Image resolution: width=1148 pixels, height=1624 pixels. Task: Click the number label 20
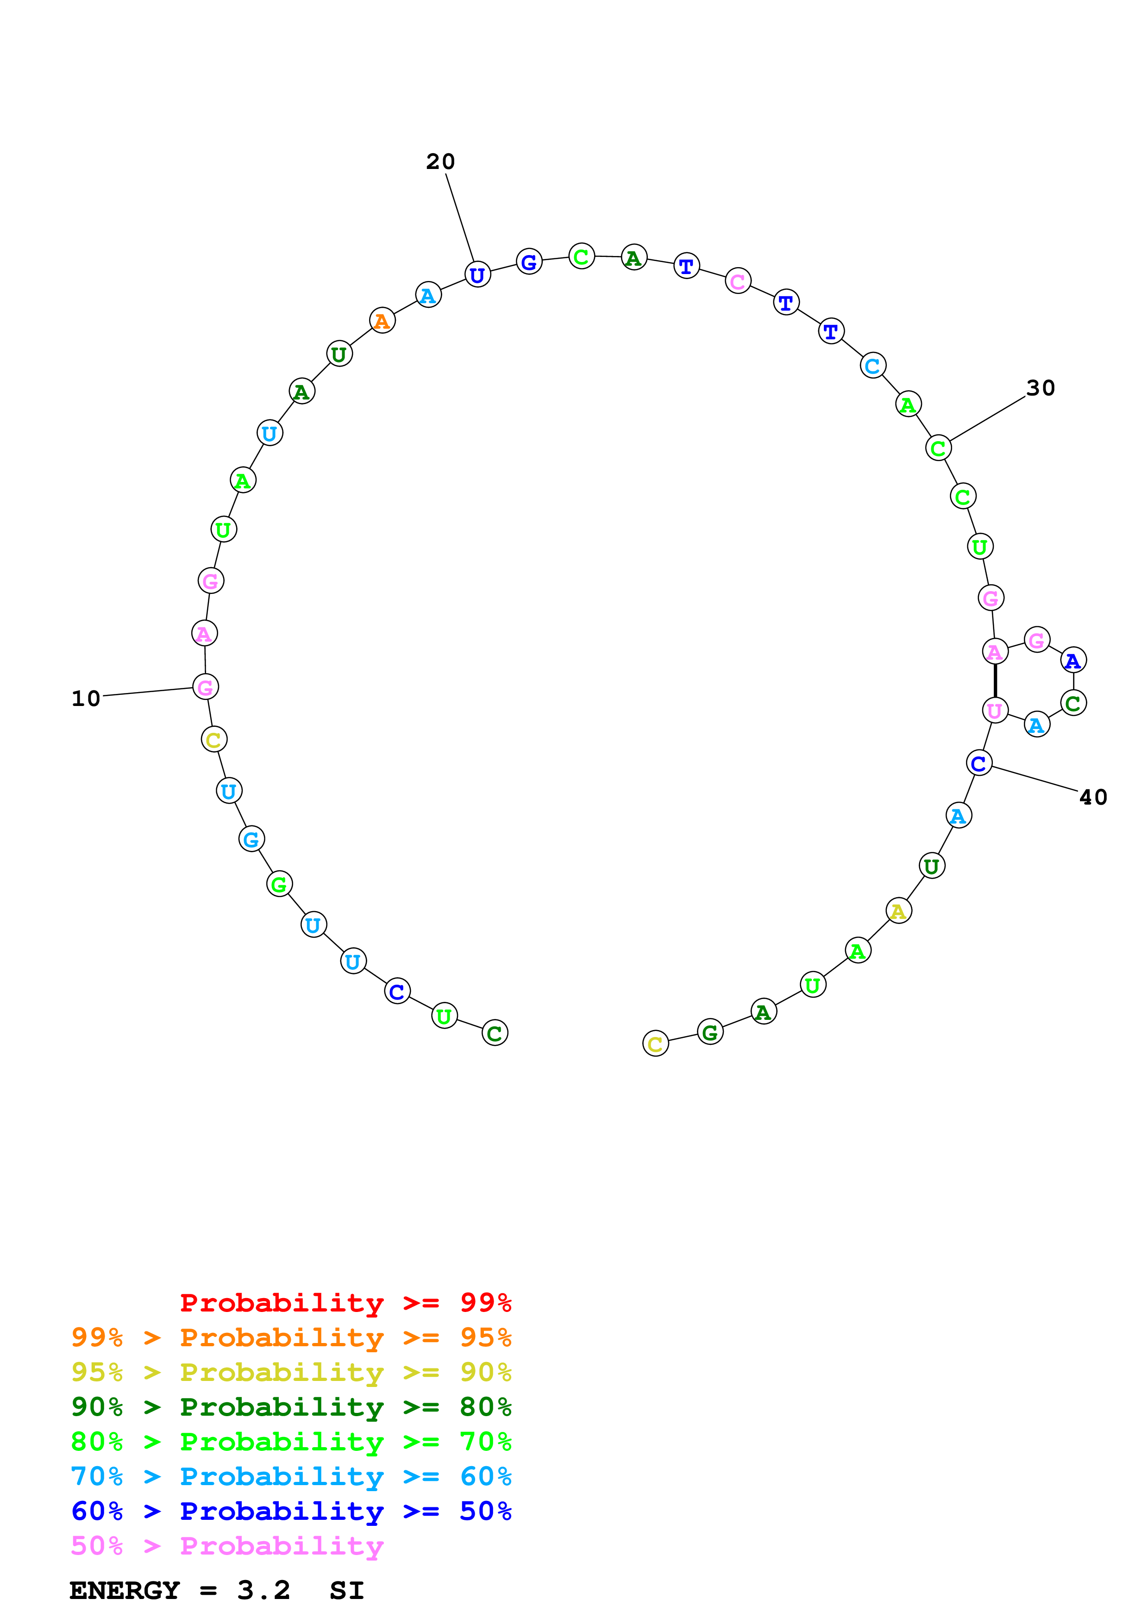pyautogui.click(x=440, y=162)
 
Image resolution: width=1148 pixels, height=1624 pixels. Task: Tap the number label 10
pyautogui.click(x=86, y=699)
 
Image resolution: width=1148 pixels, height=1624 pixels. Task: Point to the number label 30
pyautogui.click(x=1041, y=388)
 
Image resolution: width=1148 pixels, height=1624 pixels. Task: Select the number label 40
pyautogui.click(x=1093, y=798)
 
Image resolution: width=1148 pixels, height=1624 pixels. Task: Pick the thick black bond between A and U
pyautogui.click(x=995, y=681)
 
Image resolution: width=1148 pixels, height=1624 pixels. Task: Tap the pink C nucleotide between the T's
pyautogui.click(x=738, y=281)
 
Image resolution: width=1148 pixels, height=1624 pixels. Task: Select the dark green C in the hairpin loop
pyautogui.click(x=1073, y=703)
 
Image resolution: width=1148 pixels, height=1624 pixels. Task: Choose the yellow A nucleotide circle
pyautogui.click(x=898, y=911)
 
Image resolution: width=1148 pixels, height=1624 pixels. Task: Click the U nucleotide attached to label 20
pyautogui.click(x=477, y=275)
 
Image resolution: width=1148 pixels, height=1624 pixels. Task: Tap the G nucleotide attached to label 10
pyautogui.click(x=206, y=687)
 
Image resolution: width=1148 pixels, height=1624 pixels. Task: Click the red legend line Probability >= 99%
pyautogui.click(x=345, y=1303)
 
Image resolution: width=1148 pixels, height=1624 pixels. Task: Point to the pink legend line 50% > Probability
pyautogui.click(x=226, y=1547)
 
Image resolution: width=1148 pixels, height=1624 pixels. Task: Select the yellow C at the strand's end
pyautogui.click(x=656, y=1043)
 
